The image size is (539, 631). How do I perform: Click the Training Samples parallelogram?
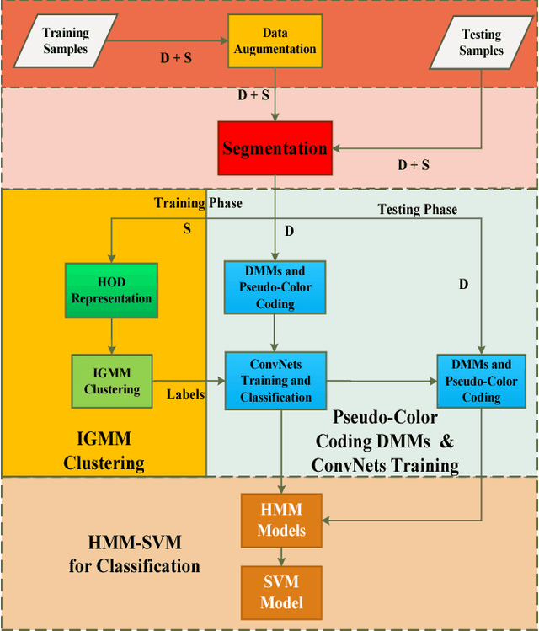click(x=66, y=40)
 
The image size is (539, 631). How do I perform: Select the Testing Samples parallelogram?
click(x=481, y=43)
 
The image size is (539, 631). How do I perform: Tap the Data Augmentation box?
click(x=275, y=40)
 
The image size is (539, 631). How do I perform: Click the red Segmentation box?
click(x=275, y=148)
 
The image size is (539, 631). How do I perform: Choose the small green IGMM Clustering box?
click(x=111, y=382)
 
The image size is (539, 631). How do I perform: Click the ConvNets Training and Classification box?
click(x=275, y=382)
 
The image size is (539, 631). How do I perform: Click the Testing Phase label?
click(x=417, y=209)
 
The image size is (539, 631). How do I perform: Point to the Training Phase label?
click(x=198, y=203)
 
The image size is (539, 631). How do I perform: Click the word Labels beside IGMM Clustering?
click(x=185, y=393)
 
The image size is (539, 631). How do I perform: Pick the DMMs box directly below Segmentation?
click(x=275, y=286)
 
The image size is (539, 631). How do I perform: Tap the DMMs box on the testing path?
click(x=481, y=382)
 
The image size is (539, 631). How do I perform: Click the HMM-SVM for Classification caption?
click(x=135, y=553)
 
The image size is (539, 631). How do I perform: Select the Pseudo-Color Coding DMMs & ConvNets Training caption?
click(x=385, y=440)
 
